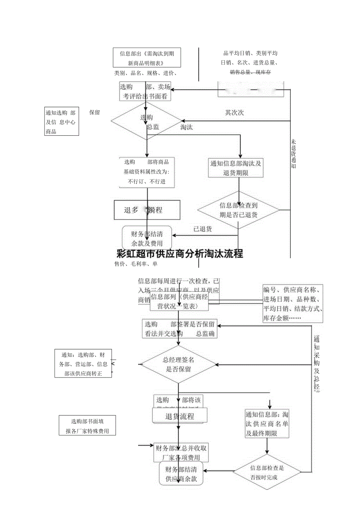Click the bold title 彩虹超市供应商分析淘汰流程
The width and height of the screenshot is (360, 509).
tap(180, 254)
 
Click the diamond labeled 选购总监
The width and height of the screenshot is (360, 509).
tap(147, 122)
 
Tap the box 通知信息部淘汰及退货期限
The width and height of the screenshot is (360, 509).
tap(236, 168)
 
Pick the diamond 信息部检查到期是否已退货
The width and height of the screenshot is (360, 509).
tap(238, 210)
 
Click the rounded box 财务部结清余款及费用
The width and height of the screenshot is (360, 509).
tap(147, 239)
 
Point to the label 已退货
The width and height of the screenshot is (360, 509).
tap(203, 229)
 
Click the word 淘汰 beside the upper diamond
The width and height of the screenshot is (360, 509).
tap(187, 128)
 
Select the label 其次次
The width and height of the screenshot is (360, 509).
tap(234, 113)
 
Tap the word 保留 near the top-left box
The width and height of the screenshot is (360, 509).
tap(95, 113)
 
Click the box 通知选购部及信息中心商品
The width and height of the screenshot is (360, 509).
tap(62, 121)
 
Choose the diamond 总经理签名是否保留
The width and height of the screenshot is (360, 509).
tap(178, 364)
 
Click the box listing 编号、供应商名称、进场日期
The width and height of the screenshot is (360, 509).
tap(293, 304)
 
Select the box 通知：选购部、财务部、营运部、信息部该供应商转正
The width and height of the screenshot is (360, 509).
tap(83, 363)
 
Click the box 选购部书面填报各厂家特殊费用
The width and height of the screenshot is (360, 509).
tap(87, 426)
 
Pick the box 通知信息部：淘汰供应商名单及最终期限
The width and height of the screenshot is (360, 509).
tap(267, 424)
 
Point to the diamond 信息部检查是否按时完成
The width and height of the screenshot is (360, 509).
tap(267, 472)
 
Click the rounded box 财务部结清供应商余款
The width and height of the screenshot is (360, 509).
tap(181, 474)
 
